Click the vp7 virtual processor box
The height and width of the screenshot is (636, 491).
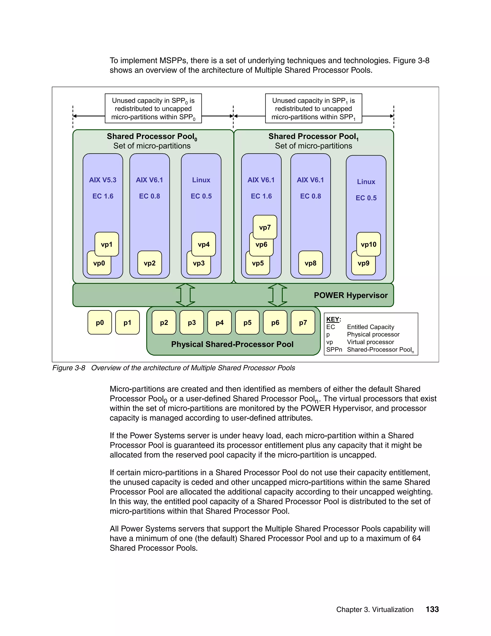click(x=265, y=227)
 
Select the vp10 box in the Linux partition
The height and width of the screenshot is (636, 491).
click(x=368, y=244)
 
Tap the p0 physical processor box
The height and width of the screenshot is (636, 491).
click(x=100, y=322)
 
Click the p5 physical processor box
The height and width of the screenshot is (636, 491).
click(x=247, y=322)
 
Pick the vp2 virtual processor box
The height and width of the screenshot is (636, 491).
click(x=150, y=263)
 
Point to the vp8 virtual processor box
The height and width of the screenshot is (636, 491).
click(x=310, y=263)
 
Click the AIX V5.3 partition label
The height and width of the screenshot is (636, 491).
click(x=103, y=180)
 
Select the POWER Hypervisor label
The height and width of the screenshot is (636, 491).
click(x=351, y=295)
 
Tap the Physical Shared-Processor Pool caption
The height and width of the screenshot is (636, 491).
click(x=232, y=344)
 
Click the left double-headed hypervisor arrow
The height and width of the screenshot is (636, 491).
click(x=186, y=295)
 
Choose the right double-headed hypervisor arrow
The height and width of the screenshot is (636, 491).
click(x=277, y=295)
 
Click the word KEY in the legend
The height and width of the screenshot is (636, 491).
click(x=333, y=319)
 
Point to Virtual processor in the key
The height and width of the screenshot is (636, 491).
click(x=370, y=342)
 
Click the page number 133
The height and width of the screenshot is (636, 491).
click(x=432, y=609)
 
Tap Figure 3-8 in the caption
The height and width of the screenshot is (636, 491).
click(x=69, y=368)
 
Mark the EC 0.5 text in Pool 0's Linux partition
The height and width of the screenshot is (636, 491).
click(x=201, y=196)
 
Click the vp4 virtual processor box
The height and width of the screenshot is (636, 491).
click(x=204, y=244)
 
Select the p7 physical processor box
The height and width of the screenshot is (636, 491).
click(x=303, y=322)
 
